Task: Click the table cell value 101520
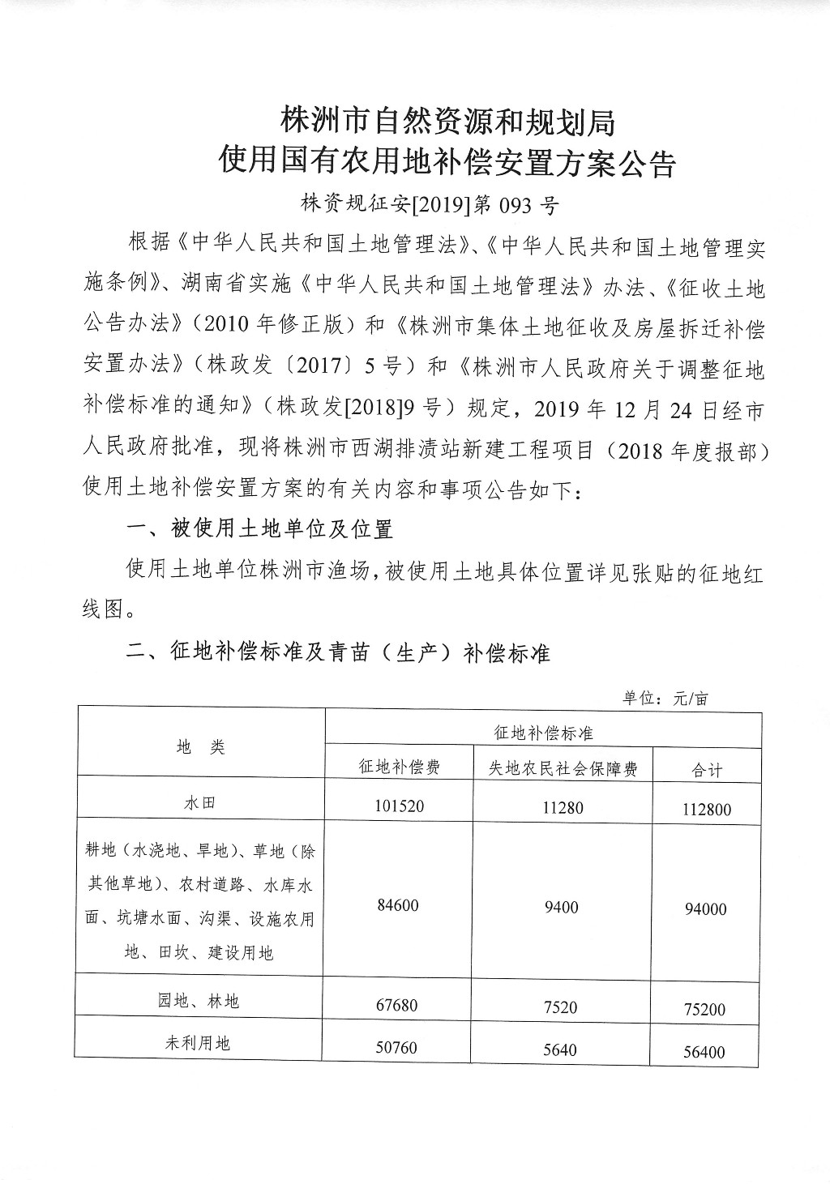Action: (x=400, y=806)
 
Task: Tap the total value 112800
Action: (x=706, y=809)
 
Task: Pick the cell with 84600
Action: (x=398, y=904)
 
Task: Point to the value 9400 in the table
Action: (x=562, y=907)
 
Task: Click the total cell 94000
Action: (x=705, y=909)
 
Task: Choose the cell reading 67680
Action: (x=397, y=1005)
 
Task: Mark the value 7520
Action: (x=561, y=1007)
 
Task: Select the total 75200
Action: (x=704, y=1010)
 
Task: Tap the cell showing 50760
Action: (x=396, y=1047)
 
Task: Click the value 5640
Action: (x=560, y=1049)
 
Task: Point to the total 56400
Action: (x=704, y=1052)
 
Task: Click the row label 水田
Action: (x=200, y=803)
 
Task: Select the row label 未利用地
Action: (x=198, y=1043)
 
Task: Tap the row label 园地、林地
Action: (x=199, y=1001)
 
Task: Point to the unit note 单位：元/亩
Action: (x=665, y=698)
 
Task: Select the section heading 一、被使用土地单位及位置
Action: (x=259, y=529)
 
